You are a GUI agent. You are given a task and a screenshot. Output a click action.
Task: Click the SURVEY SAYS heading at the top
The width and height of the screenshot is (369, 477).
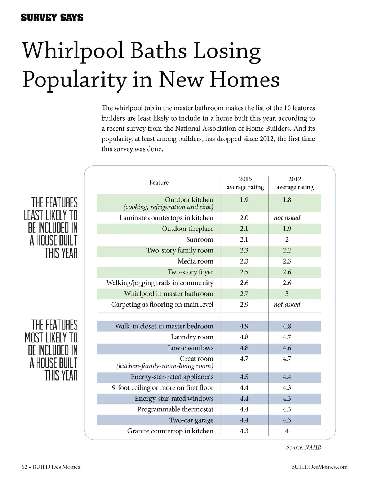(x=52, y=18)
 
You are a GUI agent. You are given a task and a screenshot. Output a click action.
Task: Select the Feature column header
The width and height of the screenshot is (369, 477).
(x=159, y=183)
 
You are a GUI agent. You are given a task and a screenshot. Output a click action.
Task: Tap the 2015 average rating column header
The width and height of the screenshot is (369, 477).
(x=245, y=183)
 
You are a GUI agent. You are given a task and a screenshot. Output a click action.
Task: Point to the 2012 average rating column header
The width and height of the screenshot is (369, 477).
(x=295, y=183)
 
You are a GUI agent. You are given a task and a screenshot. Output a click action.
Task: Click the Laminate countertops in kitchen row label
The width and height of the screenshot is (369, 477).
(x=166, y=218)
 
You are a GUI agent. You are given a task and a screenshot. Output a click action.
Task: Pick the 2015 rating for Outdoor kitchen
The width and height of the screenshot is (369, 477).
(x=244, y=200)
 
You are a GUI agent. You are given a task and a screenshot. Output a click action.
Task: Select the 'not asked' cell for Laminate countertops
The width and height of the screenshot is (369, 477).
(x=287, y=218)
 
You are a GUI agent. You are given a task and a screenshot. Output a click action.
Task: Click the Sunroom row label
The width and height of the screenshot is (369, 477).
(x=200, y=239)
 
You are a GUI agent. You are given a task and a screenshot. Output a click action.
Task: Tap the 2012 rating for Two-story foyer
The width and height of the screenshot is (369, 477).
(x=287, y=272)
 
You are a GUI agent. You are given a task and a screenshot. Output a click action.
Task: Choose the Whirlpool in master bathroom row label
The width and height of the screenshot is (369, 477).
(x=169, y=294)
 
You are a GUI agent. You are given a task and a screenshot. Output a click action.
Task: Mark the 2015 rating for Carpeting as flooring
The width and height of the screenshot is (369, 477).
(x=244, y=305)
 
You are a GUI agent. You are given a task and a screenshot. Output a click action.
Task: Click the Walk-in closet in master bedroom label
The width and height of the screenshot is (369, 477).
(x=164, y=326)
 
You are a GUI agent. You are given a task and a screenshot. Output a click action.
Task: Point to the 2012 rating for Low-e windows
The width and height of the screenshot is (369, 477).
(x=287, y=348)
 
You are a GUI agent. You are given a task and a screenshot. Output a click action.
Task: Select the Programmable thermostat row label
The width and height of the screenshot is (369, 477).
(x=175, y=409)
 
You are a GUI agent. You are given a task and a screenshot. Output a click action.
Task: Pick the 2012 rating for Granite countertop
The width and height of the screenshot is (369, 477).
(x=287, y=431)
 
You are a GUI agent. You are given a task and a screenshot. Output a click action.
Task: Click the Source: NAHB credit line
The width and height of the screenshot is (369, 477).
(x=303, y=447)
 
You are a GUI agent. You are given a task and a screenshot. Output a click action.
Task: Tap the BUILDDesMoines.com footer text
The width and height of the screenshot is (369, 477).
(x=319, y=467)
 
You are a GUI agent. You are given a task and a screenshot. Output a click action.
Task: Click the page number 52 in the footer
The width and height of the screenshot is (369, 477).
(x=25, y=467)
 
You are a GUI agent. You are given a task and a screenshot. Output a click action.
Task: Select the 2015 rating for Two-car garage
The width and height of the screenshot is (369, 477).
(x=244, y=420)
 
